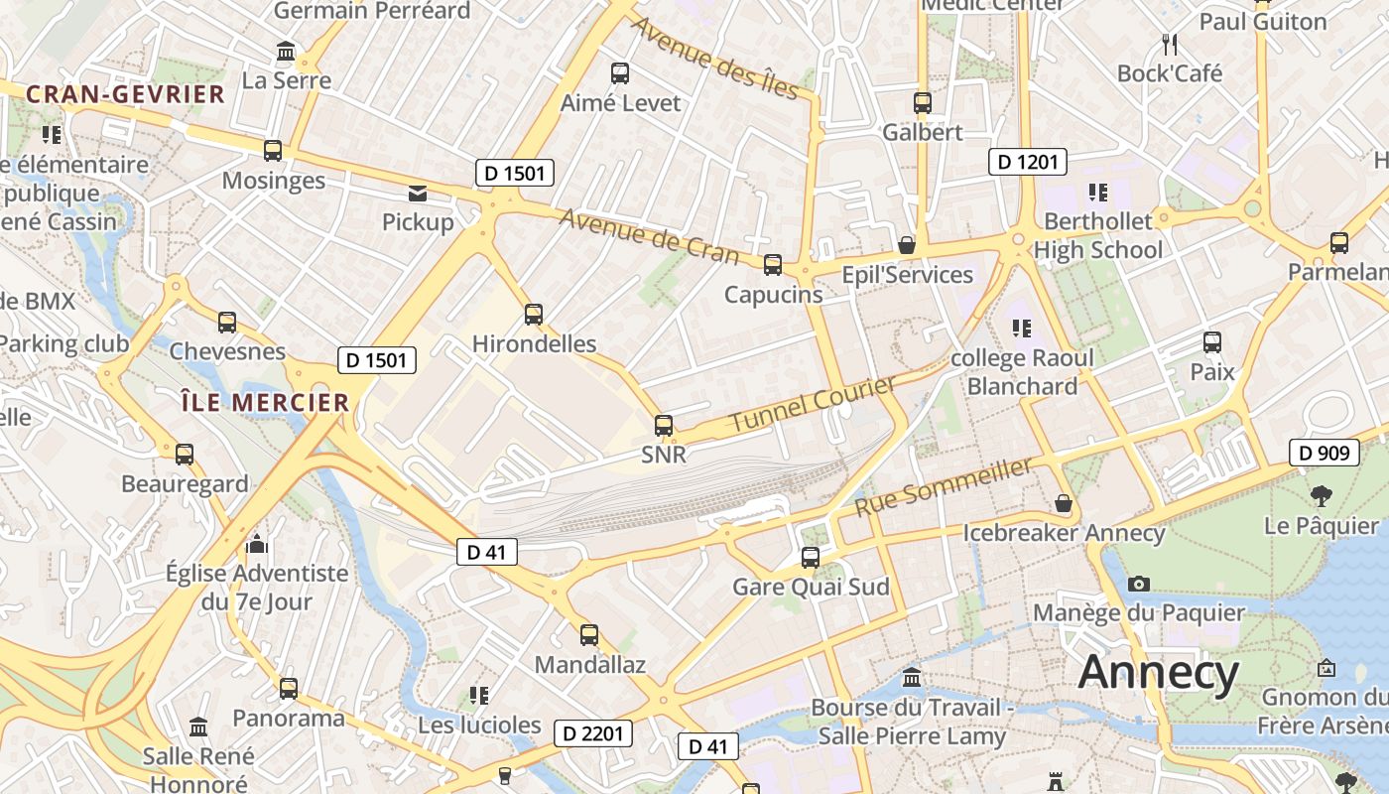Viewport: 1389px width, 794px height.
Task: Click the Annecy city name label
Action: (1158, 673)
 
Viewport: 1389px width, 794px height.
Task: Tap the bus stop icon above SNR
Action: (664, 426)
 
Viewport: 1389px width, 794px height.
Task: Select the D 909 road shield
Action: (1324, 453)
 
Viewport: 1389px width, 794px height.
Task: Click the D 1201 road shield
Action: (1027, 162)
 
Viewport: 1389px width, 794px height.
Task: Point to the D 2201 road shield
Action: (592, 733)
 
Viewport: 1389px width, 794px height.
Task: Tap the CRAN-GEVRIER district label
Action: (126, 94)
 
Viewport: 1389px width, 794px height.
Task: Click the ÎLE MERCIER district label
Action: (265, 402)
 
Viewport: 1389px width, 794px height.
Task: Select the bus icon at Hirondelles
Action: (534, 315)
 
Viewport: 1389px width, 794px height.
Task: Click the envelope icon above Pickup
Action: (418, 193)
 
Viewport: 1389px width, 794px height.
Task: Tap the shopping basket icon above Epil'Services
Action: (906, 244)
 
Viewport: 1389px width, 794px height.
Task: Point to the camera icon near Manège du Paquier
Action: (1139, 584)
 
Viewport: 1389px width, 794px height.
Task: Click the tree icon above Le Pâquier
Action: (1321, 495)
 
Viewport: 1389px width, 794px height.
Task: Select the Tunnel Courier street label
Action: (814, 404)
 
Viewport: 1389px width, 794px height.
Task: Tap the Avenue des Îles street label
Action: (715, 59)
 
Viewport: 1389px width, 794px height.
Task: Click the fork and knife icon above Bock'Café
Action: (1170, 44)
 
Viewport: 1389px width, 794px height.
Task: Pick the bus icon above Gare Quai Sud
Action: (811, 557)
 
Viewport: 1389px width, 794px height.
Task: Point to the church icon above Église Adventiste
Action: (257, 543)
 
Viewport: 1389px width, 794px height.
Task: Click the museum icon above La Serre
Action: (287, 51)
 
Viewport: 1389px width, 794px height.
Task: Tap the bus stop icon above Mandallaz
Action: (589, 634)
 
